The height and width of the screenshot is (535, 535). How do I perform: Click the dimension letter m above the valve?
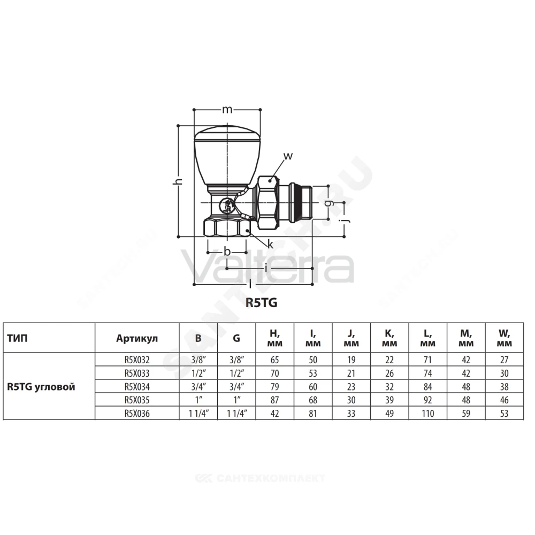tap(227, 110)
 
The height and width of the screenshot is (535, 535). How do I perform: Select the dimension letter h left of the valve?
tap(178, 181)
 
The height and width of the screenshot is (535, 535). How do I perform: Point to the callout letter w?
tap(288, 156)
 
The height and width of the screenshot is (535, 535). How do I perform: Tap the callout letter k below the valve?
tap(270, 244)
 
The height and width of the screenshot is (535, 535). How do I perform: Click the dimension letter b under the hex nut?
tap(227, 251)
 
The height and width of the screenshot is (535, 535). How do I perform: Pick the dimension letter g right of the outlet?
tap(328, 203)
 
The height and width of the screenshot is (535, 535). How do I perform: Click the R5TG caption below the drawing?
tap(262, 303)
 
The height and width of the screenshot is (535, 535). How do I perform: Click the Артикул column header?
tap(137, 338)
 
